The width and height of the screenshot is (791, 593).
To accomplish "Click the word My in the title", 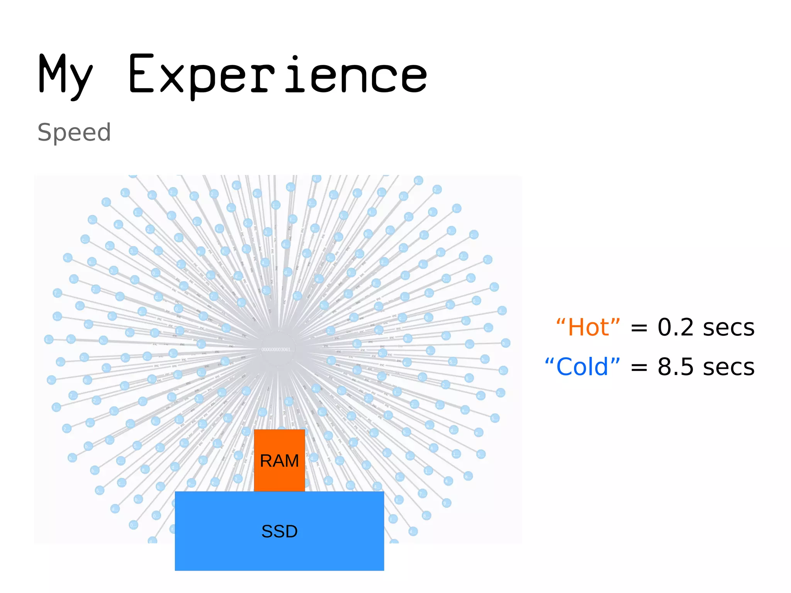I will point(66,75).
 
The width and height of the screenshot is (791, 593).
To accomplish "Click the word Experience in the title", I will point(277,75).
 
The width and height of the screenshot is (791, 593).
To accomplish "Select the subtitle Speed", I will point(74,133).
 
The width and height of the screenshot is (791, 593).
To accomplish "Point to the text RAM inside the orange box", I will point(279,461).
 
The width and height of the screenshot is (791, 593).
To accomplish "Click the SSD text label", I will point(279,532).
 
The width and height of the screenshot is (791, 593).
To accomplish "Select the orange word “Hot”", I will point(588,328).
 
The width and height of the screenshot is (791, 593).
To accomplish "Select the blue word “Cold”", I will point(582,367).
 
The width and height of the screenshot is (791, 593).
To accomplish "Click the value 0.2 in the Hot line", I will point(676,328).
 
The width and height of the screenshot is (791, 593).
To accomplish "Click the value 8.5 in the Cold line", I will point(676,367).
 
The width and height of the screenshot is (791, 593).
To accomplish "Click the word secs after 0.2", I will point(728,328).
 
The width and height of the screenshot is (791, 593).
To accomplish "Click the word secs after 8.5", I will point(728,367).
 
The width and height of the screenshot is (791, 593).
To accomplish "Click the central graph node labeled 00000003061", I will point(278,349).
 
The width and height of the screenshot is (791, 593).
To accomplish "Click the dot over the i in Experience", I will point(295,58).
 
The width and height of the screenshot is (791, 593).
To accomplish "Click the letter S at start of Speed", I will point(45,133).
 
